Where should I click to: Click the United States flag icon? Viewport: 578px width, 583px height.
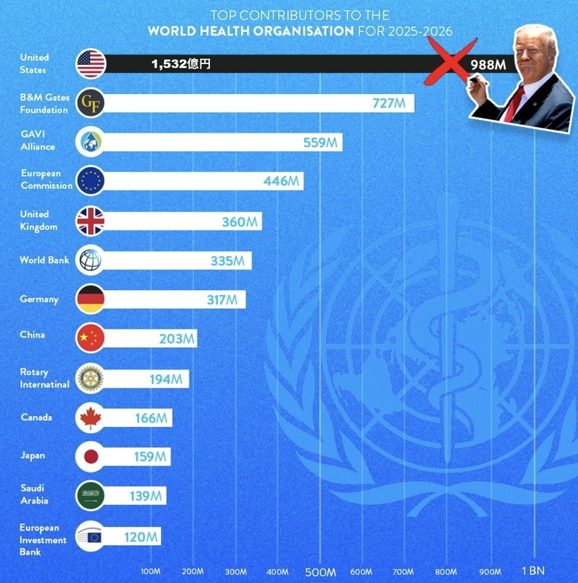click(x=91, y=64)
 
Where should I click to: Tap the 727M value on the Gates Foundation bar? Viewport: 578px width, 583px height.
click(x=388, y=103)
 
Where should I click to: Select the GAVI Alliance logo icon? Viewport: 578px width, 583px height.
click(x=90, y=143)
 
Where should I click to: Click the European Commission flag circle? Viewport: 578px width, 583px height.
click(x=90, y=181)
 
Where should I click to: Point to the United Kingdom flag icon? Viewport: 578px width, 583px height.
click(x=90, y=221)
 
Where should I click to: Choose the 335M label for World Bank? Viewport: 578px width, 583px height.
click(x=226, y=261)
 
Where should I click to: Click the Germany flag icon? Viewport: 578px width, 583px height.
click(x=90, y=299)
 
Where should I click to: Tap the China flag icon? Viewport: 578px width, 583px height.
click(x=90, y=338)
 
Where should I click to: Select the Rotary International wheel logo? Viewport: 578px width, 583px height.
click(x=90, y=378)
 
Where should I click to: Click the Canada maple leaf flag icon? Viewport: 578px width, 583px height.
click(x=90, y=418)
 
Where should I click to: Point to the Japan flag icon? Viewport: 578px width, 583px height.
click(x=90, y=457)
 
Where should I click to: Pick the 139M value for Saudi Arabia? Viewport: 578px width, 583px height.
click(x=144, y=496)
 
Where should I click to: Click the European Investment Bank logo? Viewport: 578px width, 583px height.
click(x=90, y=537)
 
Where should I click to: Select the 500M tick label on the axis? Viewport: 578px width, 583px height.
click(x=320, y=571)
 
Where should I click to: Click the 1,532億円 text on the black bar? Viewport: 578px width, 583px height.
click(x=181, y=65)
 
